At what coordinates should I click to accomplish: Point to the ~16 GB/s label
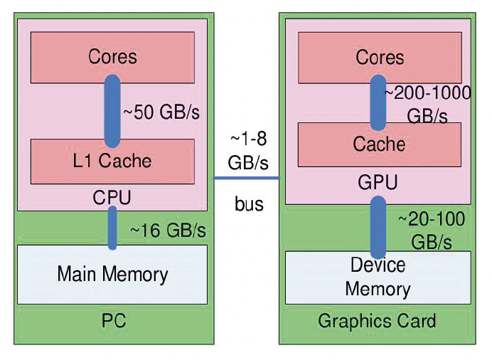pyautogui.click(x=168, y=231)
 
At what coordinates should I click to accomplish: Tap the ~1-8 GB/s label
pyautogui.click(x=248, y=151)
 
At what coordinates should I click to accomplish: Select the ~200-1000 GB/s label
pyautogui.click(x=427, y=104)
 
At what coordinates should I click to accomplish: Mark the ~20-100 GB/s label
pyautogui.click(x=431, y=230)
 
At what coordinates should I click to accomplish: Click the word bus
pyautogui.click(x=249, y=205)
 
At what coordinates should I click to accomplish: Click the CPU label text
pyautogui.click(x=112, y=197)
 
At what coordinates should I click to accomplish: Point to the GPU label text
pyautogui.click(x=378, y=183)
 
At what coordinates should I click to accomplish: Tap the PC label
pyautogui.click(x=113, y=321)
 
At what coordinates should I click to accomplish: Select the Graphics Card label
pyautogui.click(x=377, y=321)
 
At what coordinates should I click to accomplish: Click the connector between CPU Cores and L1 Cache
pyautogui.click(x=113, y=110)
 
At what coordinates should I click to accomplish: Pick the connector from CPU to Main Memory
pyautogui.click(x=112, y=228)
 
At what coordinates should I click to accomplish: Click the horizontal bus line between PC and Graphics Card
pyautogui.click(x=247, y=178)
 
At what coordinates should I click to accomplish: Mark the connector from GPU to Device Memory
pyautogui.click(x=378, y=226)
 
